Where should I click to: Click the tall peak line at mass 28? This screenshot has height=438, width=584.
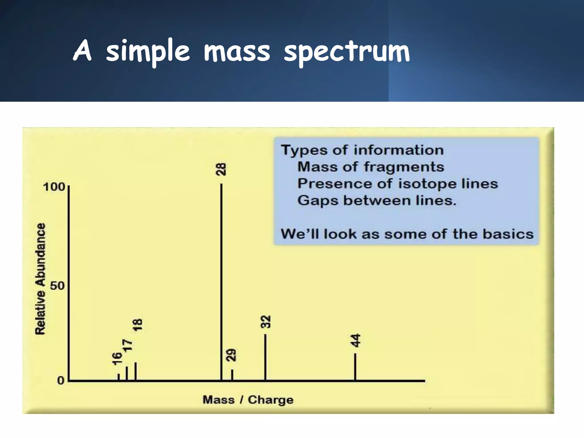pyautogui.click(x=221, y=282)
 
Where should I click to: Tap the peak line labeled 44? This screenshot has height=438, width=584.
pyautogui.click(x=355, y=367)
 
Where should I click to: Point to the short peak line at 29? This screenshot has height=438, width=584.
pyautogui.click(x=232, y=375)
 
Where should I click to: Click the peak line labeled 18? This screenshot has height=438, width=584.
pyautogui.click(x=135, y=371)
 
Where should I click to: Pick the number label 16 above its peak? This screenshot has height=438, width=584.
pyautogui.click(x=117, y=359)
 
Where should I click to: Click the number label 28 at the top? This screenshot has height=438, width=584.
pyautogui.click(x=221, y=169)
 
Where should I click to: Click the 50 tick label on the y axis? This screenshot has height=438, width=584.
pyautogui.click(x=58, y=285)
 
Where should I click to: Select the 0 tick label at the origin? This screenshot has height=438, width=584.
pyautogui.click(x=60, y=380)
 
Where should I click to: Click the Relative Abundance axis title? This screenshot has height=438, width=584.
pyautogui.click(x=40, y=279)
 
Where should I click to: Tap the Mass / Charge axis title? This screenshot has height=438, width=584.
pyautogui.click(x=248, y=400)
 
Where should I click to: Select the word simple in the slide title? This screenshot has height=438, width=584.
pyautogui.click(x=147, y=52)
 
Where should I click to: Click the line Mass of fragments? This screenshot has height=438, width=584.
pyautogui.click(x=370, y=167)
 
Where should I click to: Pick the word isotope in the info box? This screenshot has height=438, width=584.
pyautogui.click(x=427, y=184)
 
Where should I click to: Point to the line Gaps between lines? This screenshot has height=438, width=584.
pyautogui.click(x=377, y=200)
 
